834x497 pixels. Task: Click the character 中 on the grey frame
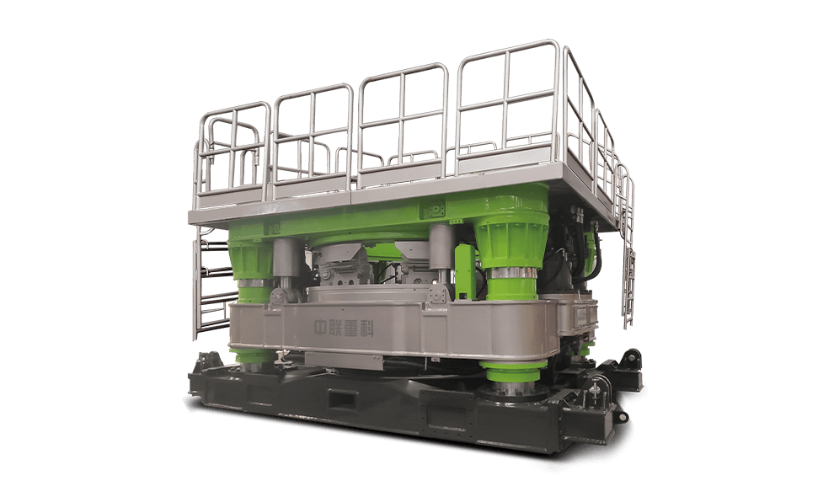coord(321,328)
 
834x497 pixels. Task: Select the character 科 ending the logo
coord(367,329)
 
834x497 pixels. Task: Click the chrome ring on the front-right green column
coord(512,273)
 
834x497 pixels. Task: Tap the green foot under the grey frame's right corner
coord(513,371)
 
